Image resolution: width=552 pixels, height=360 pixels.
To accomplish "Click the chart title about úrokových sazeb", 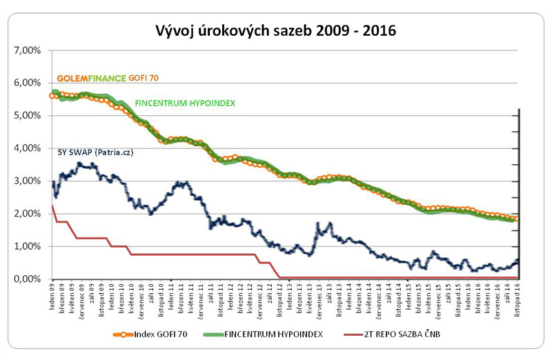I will [x=275, y=30].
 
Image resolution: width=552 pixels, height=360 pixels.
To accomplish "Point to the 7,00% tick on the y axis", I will [x=27, y=50].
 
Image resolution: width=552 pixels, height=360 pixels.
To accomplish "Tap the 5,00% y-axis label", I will [x=27, y=116].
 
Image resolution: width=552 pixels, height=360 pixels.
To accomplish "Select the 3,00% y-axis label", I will [x=27, y=181].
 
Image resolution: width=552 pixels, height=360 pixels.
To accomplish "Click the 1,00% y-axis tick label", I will [x=27, y=247].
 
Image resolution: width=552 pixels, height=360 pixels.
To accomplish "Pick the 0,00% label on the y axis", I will [x=27, y=279].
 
